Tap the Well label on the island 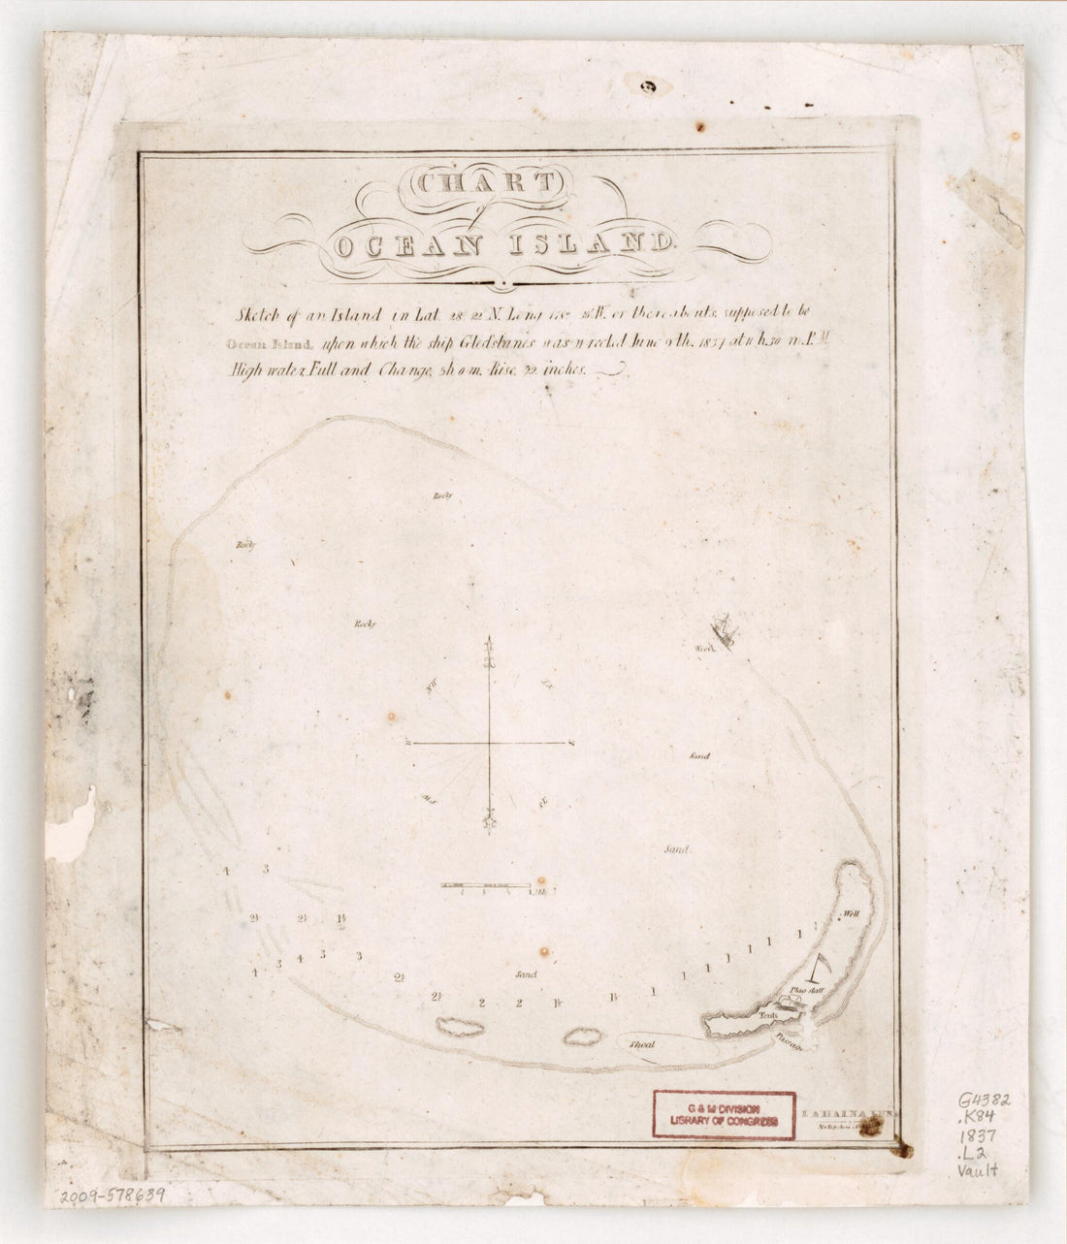click(x=852, y=913)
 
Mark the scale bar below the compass click(x=485, y=885)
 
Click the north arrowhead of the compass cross click(x=489, y=643)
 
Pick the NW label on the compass click(x=431, y=687)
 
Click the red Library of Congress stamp click(x=724, y=1114)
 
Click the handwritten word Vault click(x=977, y=1169)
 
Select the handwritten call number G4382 click(x=984, y=1100)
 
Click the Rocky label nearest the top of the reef click(x=442, y=495)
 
